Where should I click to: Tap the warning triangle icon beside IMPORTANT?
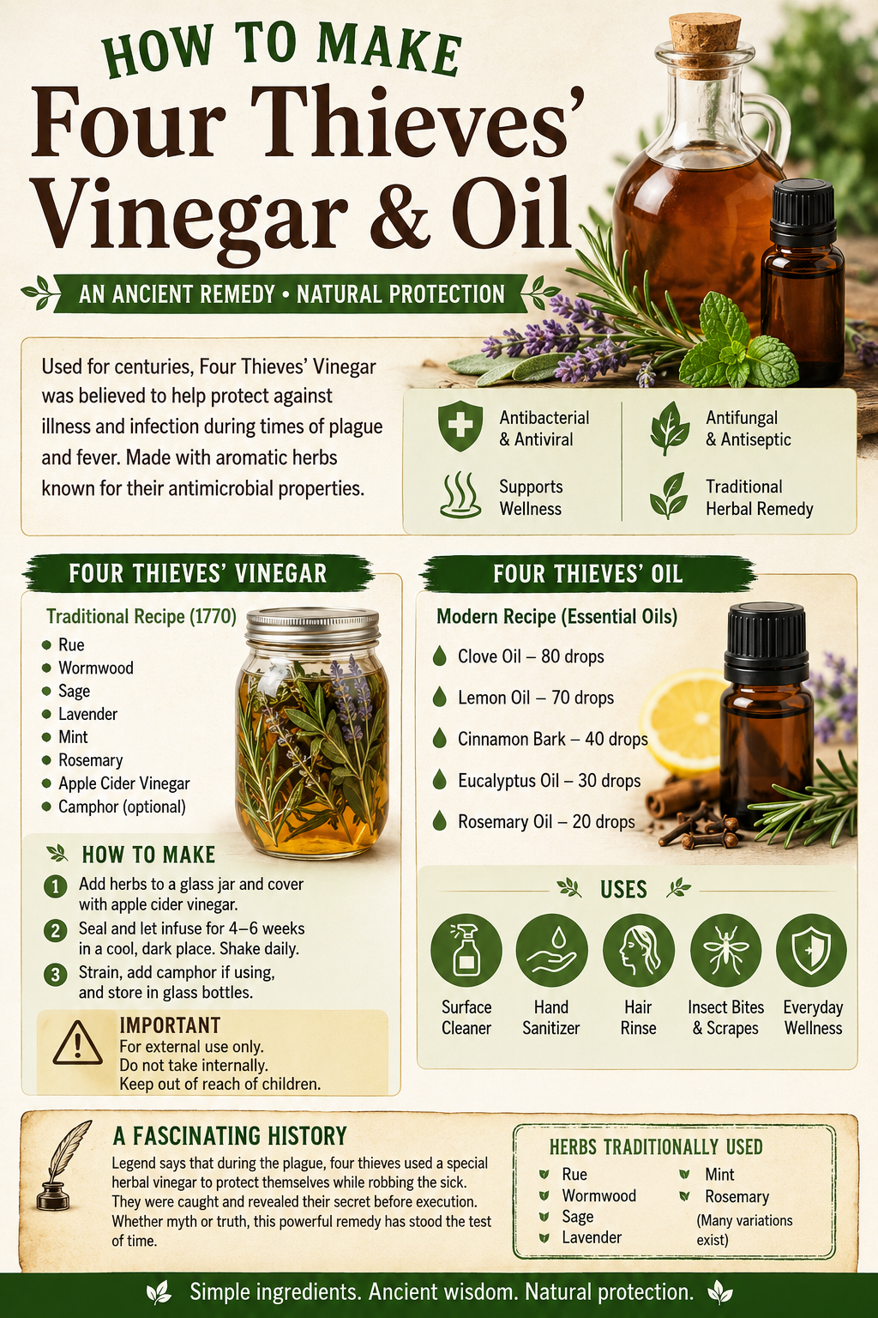tap(77, 1043)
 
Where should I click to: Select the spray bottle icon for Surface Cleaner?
tap(466, 950)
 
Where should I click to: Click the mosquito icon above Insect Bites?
tap(725, 950)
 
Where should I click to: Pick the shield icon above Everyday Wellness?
tap(811, 950)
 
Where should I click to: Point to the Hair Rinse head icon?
tap(639, 950)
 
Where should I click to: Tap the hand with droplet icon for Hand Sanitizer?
tap(551, 950)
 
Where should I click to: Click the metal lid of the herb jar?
tap(312, 626)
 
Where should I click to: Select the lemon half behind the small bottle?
tap(685, 720)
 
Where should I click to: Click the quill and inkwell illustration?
tap(63, 1171)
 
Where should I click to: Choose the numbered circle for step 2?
tap(55, 930)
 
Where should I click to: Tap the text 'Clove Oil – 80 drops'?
tap(531, 656)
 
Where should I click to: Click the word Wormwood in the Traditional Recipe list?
tap(96, 668)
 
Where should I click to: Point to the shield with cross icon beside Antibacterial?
tap(460, 426)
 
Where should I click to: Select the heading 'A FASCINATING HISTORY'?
tap(230, 1136)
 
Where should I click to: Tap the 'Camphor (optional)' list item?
tap(122, 807)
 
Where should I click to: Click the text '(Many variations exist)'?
tap(744, 1230)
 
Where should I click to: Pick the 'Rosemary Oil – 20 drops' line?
tap(546, 821)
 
